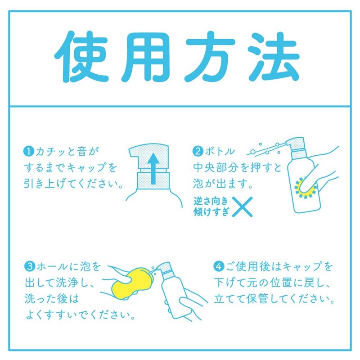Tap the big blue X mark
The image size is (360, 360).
[x=243, y=207]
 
